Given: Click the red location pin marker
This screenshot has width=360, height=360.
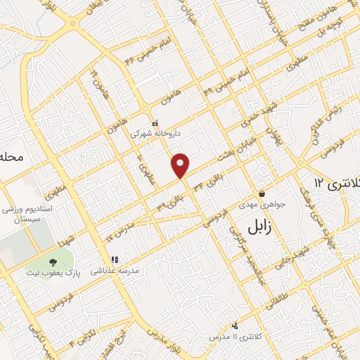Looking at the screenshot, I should click(x=181, y=165).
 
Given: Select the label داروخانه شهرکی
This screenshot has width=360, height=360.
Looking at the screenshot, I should click(x=159, y=131).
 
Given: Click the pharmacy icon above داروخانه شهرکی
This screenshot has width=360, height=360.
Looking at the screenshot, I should click(x=155, y=123).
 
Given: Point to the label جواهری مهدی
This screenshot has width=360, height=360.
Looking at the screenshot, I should click(x=265, y=204).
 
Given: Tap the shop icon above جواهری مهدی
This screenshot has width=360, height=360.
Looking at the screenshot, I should click(x=262, y=193).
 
